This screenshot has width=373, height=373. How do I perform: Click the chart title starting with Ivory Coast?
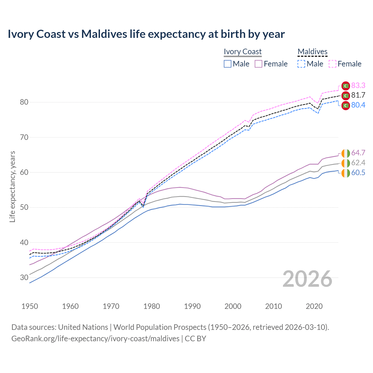click(146, 34)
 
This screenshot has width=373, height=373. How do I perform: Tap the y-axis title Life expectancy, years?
click(12, 186)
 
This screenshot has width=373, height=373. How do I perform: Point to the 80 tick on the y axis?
click(24, 102)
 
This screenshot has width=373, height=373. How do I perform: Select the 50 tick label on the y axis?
click(24, 207)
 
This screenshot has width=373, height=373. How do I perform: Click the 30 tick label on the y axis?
click(24, 278)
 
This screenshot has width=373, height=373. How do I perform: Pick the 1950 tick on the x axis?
click(30, 306)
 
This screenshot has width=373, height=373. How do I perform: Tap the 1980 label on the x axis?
click(152, 306)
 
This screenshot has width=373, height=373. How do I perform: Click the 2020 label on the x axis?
click(314, 306)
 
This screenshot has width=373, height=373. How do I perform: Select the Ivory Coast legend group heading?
click(242, 52)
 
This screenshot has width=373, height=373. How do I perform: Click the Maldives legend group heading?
click(312, 52)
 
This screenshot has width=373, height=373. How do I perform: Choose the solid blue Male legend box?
click(228, 64)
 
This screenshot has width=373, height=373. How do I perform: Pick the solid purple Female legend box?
click(258, 64)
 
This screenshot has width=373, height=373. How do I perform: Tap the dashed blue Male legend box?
click(301, 64)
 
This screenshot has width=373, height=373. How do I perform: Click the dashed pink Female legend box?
click(332, 64)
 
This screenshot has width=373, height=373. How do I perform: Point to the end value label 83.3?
click(358, 85)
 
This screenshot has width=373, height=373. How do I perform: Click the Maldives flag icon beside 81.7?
click(346, 95)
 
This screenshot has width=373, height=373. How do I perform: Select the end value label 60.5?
click(358, 173)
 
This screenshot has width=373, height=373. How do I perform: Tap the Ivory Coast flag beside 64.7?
click(346, 153)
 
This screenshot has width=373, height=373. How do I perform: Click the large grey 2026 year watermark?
click(307, 279)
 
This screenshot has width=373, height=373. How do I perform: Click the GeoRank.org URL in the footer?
click(95, 339)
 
